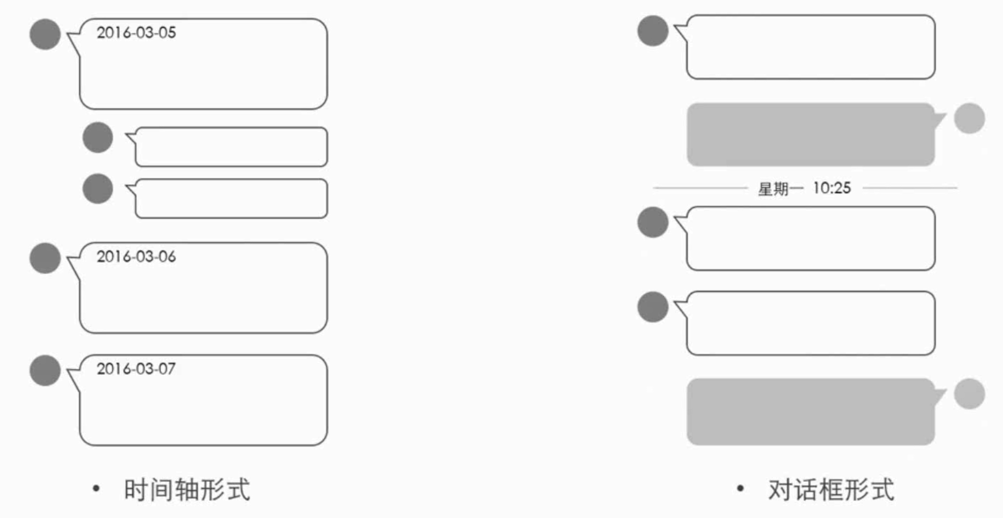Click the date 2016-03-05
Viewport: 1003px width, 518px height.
coord(136,33)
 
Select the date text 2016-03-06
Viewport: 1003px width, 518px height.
coord(136,257)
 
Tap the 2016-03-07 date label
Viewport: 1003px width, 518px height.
coord(136,369)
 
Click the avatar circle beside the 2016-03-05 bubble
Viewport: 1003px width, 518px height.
coord(45,34)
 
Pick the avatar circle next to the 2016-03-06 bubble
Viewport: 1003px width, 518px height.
coord(45,258)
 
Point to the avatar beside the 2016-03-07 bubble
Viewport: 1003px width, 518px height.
coord(45,370)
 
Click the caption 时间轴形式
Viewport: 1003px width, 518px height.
coord(187,490)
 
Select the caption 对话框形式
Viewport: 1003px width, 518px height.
coord(831,490)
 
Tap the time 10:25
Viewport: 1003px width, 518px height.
coord(832,188)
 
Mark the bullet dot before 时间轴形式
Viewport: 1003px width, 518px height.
coord(96,488)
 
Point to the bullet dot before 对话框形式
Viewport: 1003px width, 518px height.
coord(741,488)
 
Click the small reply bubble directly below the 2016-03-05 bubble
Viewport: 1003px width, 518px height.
coord(231,147)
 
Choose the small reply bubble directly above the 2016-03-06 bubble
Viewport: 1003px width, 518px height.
coord(231,199)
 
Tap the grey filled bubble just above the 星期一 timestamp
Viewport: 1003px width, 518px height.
coord(810,135)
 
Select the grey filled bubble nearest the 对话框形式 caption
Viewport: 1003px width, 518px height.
coord(810,412)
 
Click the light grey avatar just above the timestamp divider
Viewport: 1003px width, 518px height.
coord(969,118)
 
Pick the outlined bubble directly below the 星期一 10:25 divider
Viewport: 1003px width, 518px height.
coord(810,238)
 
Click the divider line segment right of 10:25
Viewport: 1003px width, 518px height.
coord(910,188)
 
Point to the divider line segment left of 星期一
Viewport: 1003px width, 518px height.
coord(700,188)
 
